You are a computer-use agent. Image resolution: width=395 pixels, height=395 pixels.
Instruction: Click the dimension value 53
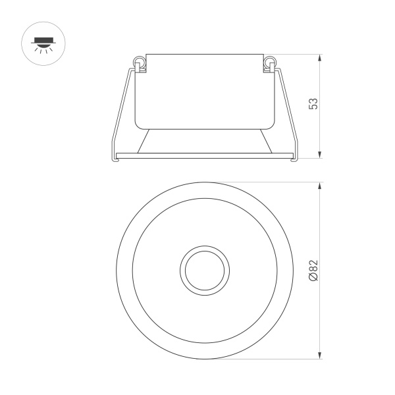tap(313, 105)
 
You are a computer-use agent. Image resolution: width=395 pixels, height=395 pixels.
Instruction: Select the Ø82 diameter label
tap(313, 271)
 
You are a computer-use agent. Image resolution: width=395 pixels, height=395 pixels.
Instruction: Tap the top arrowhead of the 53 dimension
tap(320, 58)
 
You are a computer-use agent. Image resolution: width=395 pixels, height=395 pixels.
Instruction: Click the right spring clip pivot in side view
tap(269, 63)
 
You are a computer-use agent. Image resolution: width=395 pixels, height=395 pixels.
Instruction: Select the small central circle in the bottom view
tap(204, 270)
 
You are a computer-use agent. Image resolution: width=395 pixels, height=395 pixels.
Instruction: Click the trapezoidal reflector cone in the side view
tap(204, 140)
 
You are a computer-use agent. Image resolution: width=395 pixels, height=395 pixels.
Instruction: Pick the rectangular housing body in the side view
tap(204, 91)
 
